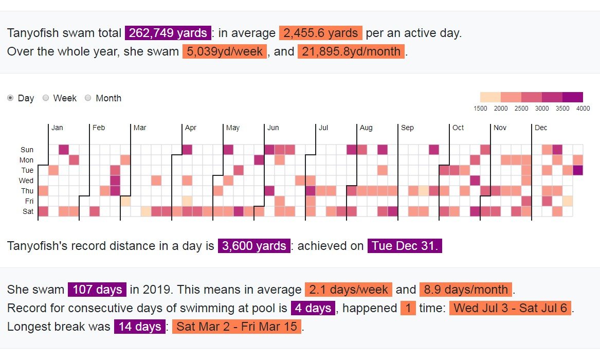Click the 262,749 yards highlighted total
click(x=168, y=33)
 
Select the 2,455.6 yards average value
click(x=321, y=33)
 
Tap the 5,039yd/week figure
click(x=224, y=52)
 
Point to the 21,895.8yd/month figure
click(x=351, y=52)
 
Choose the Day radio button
click(x=11, y=98)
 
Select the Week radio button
click(x=46, y=98)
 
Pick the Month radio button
click(x=88, y=98)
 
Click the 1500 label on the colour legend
click(x=480, y=109)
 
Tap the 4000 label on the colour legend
click(x=583, y=109)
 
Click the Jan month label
click(x=57, y=128)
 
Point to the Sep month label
click(x=407, y=128)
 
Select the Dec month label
click(x=541, y=128)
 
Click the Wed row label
click(x=27, y=181)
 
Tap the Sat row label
click(x=28, y=211)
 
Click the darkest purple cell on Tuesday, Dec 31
click(x=578, y=170)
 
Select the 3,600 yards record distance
click(x=254, y=246)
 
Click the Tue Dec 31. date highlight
click(x=405, y=246)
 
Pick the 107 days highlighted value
click(x=97, y=290)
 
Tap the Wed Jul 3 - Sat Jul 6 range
click(x=511, y=309)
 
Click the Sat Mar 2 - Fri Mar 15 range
click(x=237, y=327)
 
